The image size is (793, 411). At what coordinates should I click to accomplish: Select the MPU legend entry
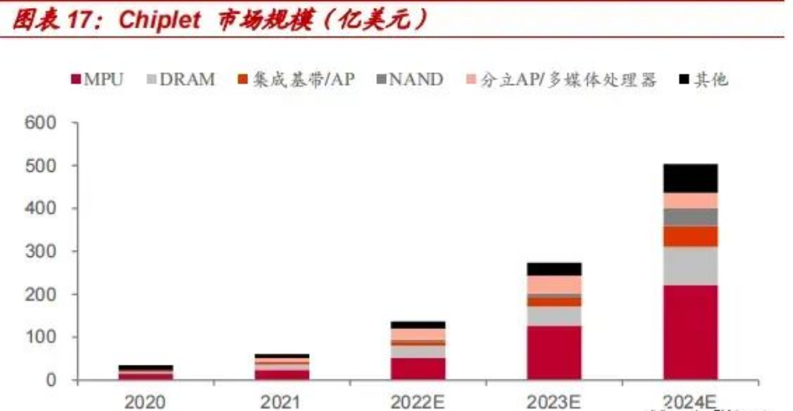tap(97, 79)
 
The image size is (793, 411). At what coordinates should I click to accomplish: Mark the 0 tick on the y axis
tap(50, 380)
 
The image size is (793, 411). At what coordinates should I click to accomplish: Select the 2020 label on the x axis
tap(146, 400)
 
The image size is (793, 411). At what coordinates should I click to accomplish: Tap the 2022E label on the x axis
tap(418, 400)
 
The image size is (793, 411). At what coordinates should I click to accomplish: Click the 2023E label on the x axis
tap(554, 400)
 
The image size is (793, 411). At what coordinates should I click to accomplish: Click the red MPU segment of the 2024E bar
tap(690, 332)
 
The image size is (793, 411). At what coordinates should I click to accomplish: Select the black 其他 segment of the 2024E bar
tap(690, 178)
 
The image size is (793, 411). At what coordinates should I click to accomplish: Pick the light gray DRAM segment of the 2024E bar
tap(690, 266)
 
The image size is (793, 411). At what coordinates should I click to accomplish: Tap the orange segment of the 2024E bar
tap(690, 236)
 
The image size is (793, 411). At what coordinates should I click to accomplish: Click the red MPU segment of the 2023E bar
tap(554, 353)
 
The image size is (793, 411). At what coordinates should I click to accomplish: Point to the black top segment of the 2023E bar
tap(554, 268)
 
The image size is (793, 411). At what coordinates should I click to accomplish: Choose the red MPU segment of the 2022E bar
tap(418, 369)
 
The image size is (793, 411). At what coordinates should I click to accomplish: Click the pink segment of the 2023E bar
tap(554, 285)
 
